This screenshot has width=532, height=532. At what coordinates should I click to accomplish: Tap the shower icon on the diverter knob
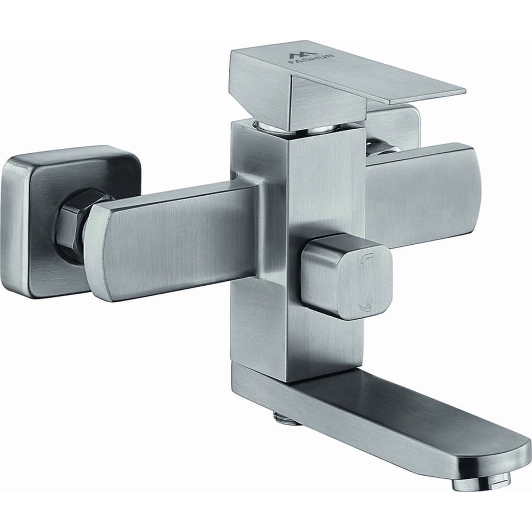[365, 307]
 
